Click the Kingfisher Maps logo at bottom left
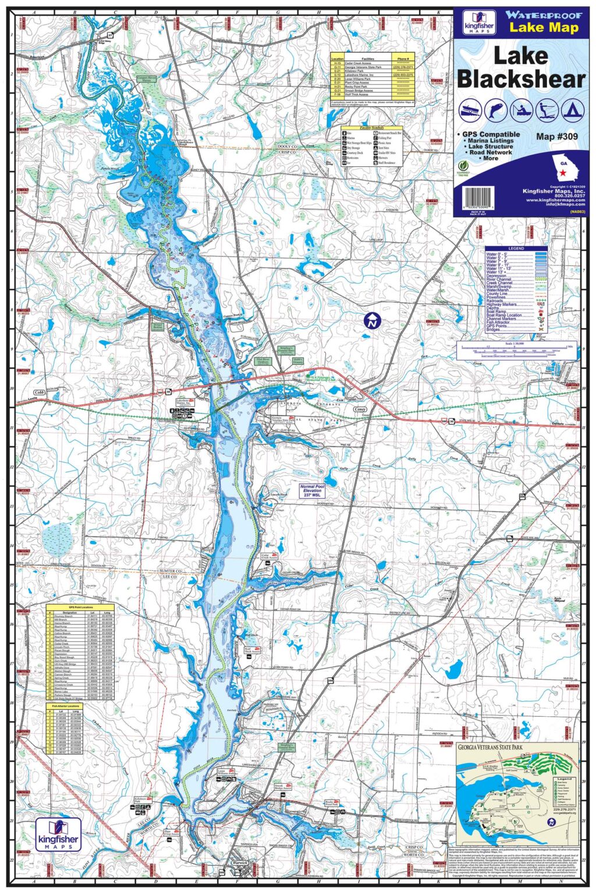58,834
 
